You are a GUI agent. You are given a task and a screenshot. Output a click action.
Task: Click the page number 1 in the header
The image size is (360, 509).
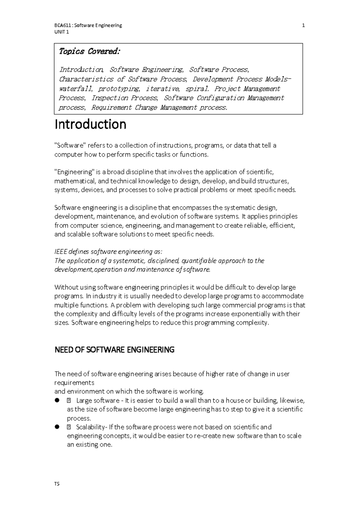point(303,26)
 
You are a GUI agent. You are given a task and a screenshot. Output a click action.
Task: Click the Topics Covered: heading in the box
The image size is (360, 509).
point(89,52)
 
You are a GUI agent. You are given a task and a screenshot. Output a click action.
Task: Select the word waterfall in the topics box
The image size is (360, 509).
point(76,89)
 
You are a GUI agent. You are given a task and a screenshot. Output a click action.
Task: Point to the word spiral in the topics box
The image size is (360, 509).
point(197,89)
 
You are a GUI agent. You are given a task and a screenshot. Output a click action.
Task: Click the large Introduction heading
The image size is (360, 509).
point(90,124)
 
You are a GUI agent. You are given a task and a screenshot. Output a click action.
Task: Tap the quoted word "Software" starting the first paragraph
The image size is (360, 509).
point(70,146)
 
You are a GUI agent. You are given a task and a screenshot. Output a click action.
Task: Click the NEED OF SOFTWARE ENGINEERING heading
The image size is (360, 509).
point(114,350)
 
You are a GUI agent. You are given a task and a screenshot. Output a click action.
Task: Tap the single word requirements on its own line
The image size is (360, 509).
point(74,383)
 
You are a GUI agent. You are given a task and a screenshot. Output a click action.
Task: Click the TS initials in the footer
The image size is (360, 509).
point(57,484)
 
